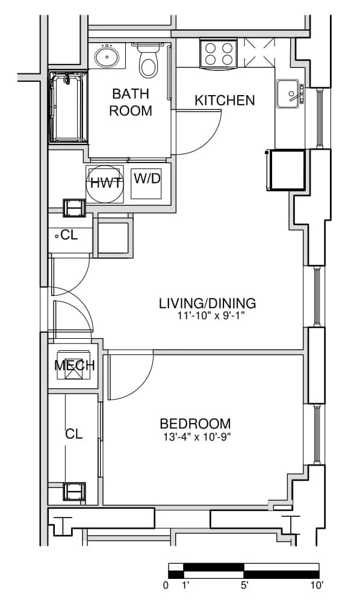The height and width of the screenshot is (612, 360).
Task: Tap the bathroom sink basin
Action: tap(107, 56)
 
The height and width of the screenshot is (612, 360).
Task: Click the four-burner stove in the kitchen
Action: tap(219, 54)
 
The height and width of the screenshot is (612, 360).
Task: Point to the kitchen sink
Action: tap(288, 94)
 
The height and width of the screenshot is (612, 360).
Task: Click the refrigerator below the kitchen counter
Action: tap(288, 170)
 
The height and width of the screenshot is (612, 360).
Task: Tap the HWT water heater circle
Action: tap(104, 184)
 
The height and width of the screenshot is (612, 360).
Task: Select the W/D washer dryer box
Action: tap(147, 184)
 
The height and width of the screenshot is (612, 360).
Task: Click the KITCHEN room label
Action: tap(225, 100)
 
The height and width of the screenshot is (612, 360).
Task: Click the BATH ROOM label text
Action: tap(131, 102)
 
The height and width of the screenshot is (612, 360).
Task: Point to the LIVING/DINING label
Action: tap(207, 303)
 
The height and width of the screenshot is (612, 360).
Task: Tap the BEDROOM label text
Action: tap(195, 423)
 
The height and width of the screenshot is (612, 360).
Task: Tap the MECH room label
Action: tap(75, 366)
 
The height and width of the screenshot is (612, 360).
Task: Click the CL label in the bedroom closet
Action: tap(74, 434)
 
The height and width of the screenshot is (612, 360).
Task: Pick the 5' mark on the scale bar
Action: tap(244, 585)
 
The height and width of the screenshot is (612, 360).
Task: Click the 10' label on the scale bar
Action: tap(317, 585)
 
